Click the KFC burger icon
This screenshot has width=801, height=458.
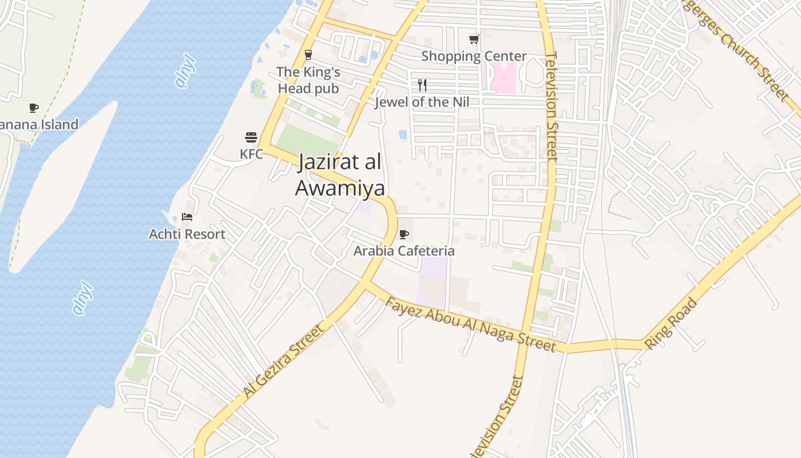251,137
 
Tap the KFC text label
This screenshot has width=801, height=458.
251,154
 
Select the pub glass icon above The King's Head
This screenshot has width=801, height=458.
308,55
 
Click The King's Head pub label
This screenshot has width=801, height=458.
308,80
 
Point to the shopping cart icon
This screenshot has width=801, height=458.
474,39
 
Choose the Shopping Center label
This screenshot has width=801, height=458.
474,56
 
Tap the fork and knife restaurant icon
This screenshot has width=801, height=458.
422,85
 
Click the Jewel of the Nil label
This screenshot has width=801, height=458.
422,102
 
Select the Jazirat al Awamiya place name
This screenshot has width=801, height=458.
340,175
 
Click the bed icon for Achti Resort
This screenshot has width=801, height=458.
187,216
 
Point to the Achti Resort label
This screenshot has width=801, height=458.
187,234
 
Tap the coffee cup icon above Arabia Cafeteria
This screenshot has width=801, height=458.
404,234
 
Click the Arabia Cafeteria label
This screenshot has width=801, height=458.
404,251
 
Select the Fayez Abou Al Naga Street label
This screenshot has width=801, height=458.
470,324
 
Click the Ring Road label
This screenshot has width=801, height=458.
672,323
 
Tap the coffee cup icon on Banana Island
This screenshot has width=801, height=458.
34,108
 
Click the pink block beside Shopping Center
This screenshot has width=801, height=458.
503,77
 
